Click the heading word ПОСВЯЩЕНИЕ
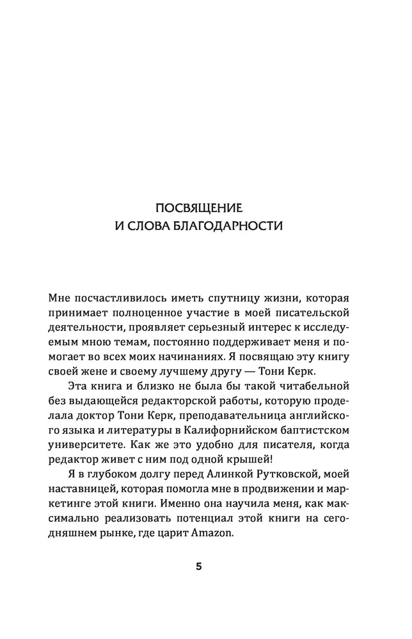(206, 208)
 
